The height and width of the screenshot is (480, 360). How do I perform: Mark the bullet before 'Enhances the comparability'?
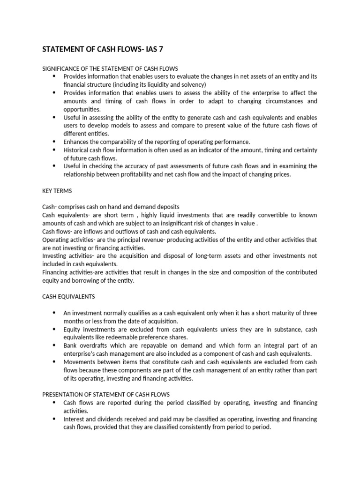point(54,142)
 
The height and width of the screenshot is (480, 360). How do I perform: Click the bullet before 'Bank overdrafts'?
point(54,345)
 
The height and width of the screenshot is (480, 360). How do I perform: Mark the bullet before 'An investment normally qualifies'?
point(54,313)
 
